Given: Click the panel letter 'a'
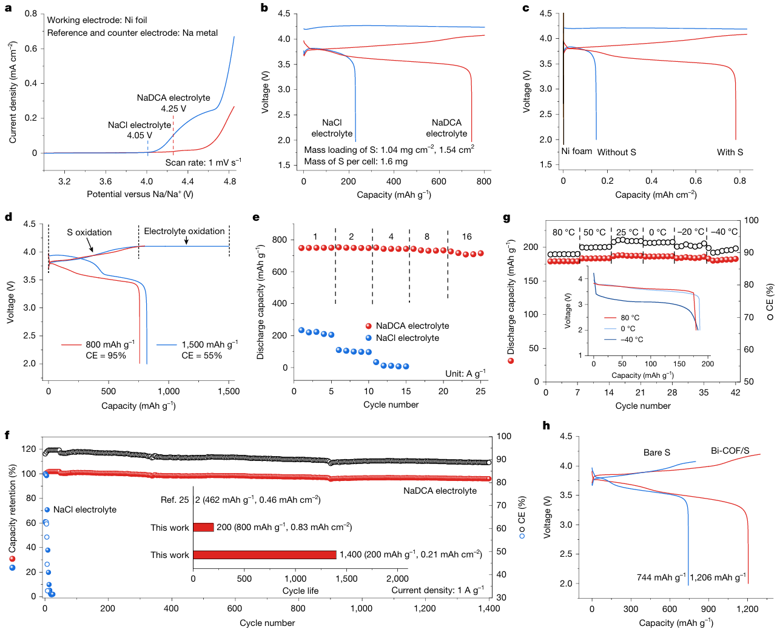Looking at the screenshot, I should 8,8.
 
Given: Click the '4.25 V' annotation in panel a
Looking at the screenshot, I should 173,109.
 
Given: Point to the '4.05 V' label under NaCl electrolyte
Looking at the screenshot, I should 140,136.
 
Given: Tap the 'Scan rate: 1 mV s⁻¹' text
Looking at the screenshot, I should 203,163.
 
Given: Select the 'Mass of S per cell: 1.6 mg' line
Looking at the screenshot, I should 356,161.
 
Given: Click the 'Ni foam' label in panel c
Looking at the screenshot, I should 576,152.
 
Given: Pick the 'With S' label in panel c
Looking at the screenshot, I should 730,152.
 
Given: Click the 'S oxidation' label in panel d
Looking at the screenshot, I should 89,232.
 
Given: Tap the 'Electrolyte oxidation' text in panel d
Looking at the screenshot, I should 184,231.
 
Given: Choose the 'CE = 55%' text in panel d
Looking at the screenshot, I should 201,355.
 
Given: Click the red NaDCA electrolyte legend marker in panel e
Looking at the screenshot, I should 369,326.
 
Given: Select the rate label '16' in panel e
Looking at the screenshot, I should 466,237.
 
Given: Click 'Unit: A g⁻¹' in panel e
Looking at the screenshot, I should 465,374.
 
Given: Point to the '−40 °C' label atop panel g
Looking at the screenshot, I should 724,232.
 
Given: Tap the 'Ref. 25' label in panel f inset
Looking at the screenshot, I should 175,500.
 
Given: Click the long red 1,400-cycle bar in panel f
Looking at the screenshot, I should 264,555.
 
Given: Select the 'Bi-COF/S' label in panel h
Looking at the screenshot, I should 730,451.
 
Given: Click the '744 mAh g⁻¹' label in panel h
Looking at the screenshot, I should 661,577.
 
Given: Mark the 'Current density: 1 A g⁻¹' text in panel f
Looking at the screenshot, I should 437,590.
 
